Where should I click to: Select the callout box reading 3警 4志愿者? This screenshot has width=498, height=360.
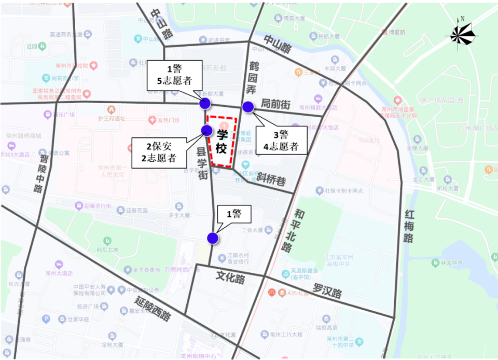281,140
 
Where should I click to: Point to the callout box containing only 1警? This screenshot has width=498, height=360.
234,215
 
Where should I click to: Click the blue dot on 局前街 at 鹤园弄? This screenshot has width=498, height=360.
248,107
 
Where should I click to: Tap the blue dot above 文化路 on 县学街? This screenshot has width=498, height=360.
212,238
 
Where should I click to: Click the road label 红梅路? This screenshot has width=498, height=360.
410,227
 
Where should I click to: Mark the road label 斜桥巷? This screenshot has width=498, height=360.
271,180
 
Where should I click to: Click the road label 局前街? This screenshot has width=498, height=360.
275,104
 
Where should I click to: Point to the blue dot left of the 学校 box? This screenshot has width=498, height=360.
206,130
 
